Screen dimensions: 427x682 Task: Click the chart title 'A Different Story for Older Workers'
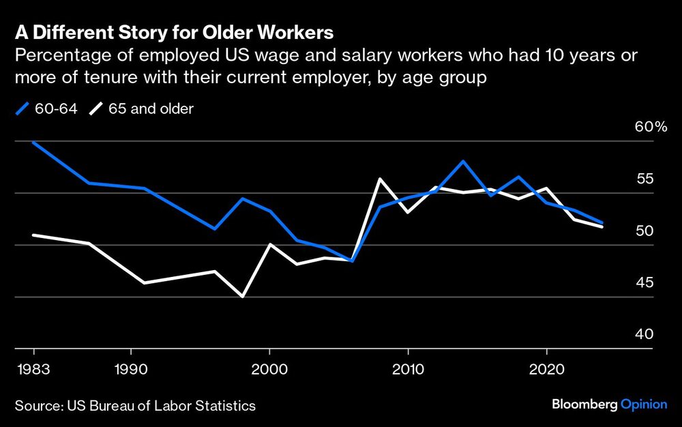175,33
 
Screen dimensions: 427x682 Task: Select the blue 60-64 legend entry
44,108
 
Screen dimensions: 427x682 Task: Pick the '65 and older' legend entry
143,108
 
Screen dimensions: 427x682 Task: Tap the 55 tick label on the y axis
645,179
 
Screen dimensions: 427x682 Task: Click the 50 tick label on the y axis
645,231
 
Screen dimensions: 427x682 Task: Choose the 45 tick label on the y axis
645,283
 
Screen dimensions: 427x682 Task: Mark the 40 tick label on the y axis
645,335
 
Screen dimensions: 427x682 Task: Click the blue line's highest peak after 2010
463,162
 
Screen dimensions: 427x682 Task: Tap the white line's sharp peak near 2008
380,179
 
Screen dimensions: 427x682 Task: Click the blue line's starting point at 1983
33,143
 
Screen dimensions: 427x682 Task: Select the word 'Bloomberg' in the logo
584,405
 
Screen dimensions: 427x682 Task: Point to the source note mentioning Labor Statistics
135,406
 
